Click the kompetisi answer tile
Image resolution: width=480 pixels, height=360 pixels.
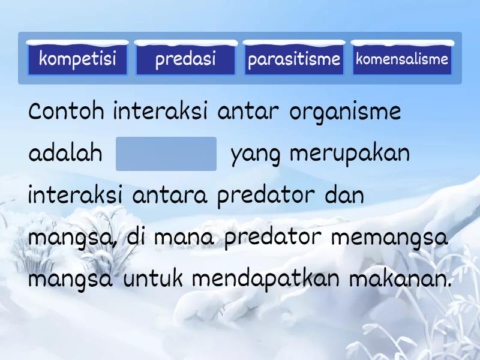click(77, 59)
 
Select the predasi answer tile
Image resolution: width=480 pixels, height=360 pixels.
click(185, 59)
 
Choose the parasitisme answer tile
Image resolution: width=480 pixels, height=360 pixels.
click(294, 59)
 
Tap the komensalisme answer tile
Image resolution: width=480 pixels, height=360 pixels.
click(402, 59)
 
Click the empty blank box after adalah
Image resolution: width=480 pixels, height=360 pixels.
click(166, 154)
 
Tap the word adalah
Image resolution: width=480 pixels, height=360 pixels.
click(65, 154)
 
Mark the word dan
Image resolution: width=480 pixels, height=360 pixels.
click(344, 196)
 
